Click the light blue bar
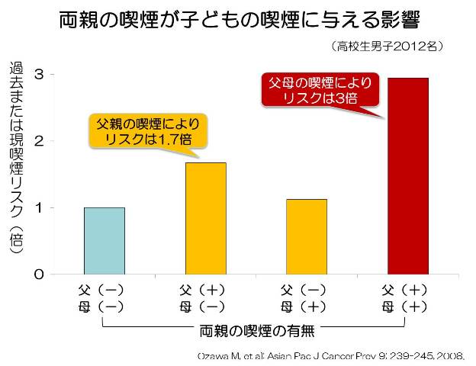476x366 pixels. tap(105, 240)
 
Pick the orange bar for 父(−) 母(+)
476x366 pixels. tap(307, 236)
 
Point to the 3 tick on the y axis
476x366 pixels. tap(37, 74)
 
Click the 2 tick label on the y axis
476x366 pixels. tap(37, 141)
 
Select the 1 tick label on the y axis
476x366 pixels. tap(37, 207)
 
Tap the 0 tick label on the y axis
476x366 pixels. tap(37, 274)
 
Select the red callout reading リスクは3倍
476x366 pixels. tap(320, 90)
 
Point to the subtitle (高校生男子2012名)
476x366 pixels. tap(387, 47)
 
